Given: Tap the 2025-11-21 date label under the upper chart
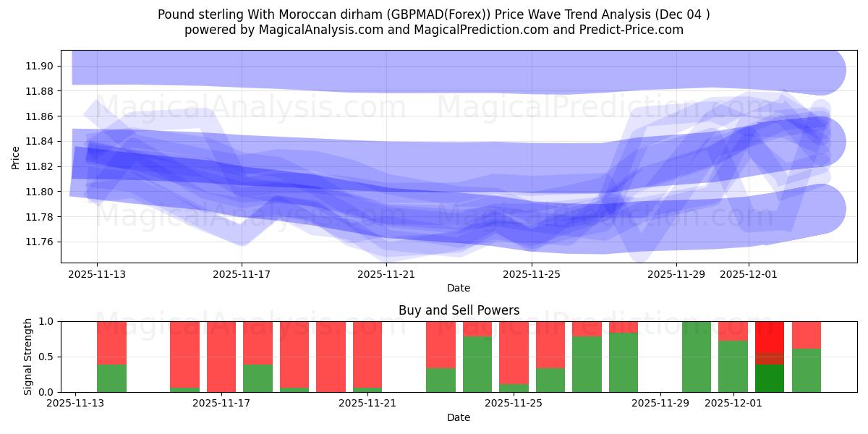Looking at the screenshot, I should point(386,274).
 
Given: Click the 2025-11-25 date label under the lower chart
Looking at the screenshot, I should point(514,403).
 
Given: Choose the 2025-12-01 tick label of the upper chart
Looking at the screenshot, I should point(749,274).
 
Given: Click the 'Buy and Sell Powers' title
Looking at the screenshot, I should point(459,310).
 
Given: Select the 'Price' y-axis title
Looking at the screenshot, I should point(16,157).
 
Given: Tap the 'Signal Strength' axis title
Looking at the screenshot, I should point(28,357).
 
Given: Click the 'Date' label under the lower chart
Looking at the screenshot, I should point(459,417).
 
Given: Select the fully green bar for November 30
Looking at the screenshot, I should point(697,357).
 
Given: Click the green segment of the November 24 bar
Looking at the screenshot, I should point(477,365).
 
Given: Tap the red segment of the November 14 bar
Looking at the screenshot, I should point(111,342).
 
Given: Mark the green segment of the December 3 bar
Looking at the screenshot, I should point(807,370).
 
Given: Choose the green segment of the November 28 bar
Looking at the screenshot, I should point(624,362).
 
